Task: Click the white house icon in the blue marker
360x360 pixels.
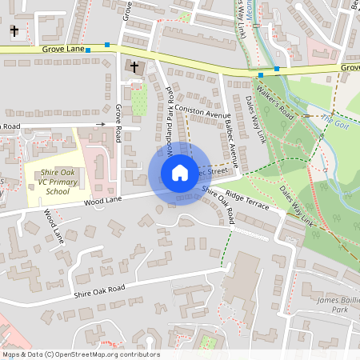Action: [x=179, y=173]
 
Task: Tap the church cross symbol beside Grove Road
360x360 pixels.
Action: [x=134, y=67]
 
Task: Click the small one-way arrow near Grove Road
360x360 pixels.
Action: [x=101, y=124]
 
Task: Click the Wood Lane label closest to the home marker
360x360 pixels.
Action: [x=100, y=203]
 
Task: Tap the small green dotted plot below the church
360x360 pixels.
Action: [x=139, y=102]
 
